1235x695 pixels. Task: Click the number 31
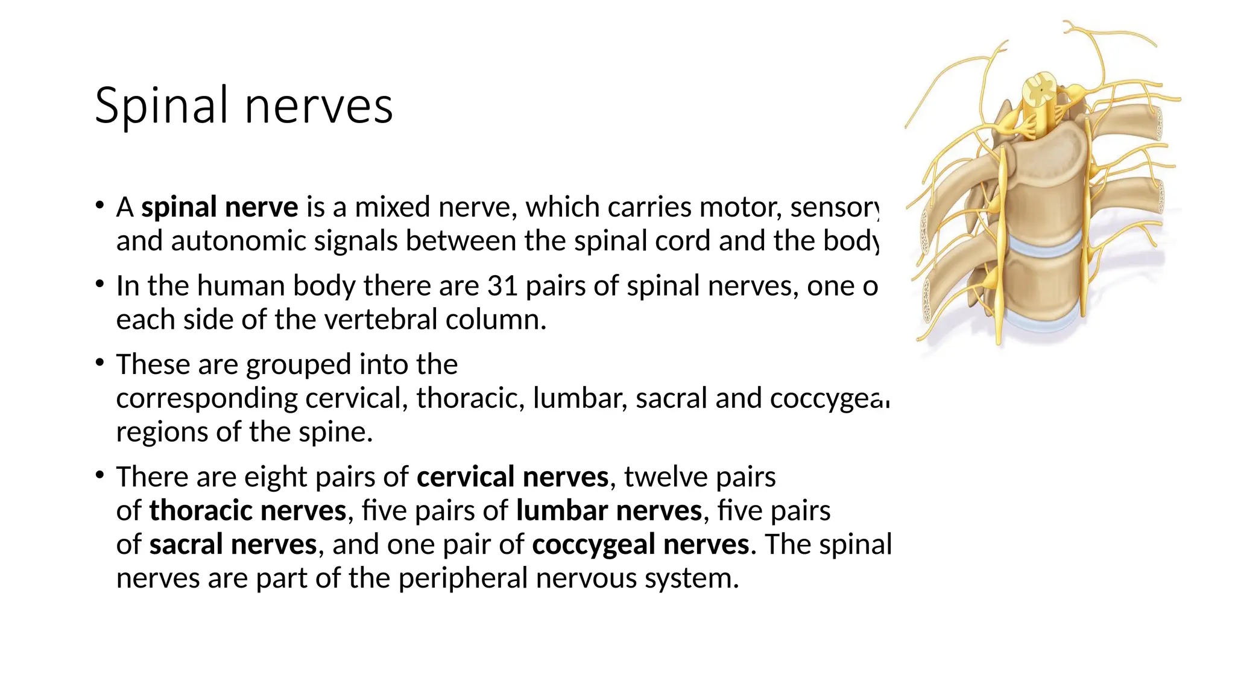click(x=502, y=286)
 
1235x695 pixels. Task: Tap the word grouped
click(x=298, y=365)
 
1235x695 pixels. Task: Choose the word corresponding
click(x=207, y=399)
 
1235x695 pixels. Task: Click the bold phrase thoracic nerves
click(x=247, y=511)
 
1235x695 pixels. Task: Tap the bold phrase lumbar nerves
click(x=609, y=511)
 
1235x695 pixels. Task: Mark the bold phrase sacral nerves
click(x=233, y=545)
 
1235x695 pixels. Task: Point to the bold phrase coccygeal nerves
click(x=640, y=545)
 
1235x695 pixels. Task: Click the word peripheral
click(x=463, y=579)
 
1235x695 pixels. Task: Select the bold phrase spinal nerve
click(x=220, y=208)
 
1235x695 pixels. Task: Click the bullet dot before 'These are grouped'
click(x=99, y=363)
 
